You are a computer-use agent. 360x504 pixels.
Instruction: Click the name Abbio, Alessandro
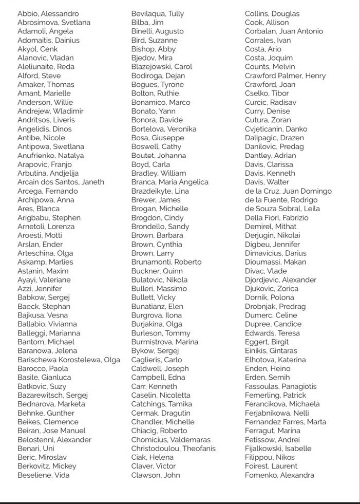point(48,13)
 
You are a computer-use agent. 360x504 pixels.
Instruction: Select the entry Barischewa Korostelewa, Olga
point(69,360)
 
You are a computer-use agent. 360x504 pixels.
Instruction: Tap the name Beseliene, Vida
point(44,475)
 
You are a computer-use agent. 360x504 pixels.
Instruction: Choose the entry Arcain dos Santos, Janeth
point(61,182)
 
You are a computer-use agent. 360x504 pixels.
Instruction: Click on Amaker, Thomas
point(46,84)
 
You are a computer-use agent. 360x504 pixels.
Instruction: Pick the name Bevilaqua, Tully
point(158,13)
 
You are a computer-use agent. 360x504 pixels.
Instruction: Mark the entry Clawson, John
point(156,475)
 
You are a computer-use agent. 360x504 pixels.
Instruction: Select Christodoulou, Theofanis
point(174,449)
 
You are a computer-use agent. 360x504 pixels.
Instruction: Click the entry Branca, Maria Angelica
point(170,182)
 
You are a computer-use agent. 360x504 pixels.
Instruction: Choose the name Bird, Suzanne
point(155,40)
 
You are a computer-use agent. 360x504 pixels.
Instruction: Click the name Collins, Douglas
point(272,13)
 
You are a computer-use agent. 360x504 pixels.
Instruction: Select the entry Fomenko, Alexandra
point(279,475)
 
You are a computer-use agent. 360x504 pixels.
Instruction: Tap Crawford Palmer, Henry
point(286,76)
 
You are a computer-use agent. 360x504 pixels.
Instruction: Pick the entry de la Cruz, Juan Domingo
point(288,191)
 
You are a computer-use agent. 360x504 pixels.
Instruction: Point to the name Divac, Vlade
point(266,271)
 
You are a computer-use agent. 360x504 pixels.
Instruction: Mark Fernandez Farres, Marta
point(286,422)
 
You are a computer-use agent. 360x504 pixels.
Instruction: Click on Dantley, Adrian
point(271,155)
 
